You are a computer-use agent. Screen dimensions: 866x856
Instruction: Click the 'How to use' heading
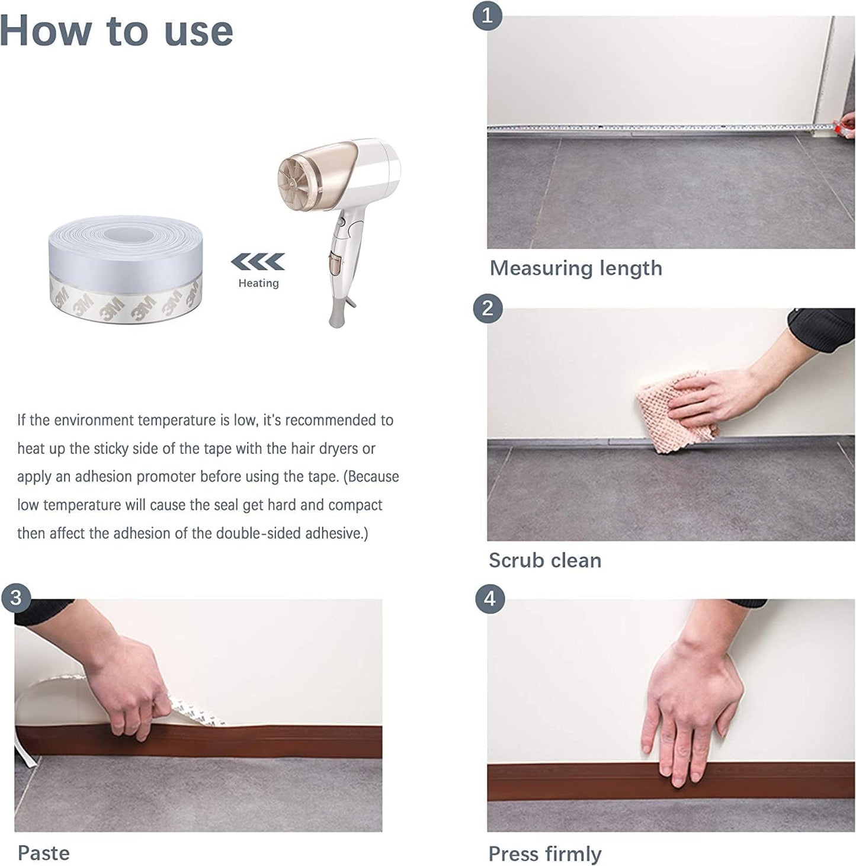point(116,31)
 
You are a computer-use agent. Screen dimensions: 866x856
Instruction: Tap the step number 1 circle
point(487,15)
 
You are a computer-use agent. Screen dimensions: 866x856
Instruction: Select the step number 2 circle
point(487,308)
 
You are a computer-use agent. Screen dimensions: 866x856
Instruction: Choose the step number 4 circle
point(489,599)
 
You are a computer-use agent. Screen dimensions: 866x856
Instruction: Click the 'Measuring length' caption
point(575,268)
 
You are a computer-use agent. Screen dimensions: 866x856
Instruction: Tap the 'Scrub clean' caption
point(544,560)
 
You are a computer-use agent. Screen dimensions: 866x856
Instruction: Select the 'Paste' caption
point(43,853)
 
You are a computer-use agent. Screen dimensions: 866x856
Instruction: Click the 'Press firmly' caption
point(544,854)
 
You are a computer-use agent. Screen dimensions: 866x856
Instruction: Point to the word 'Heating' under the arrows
point(258,283)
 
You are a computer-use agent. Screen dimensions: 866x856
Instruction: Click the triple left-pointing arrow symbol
point(258,261)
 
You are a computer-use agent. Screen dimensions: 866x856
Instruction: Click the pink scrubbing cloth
point(675,412)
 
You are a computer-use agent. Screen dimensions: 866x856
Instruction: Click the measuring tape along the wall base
point(652,127)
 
